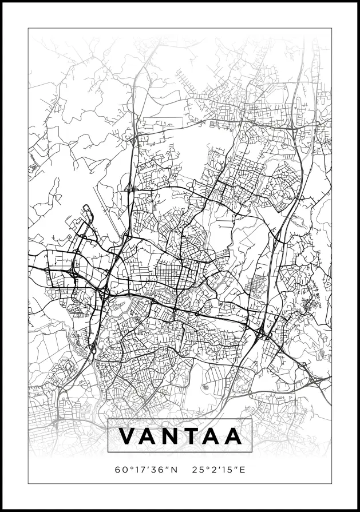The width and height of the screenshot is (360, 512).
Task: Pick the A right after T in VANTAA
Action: pyautogui.click(x=213, y=436)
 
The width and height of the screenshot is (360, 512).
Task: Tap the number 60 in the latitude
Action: pyautogui.click(x=120, y=470)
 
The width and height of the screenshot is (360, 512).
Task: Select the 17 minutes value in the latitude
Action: pyautogui.click(x=135, y=470)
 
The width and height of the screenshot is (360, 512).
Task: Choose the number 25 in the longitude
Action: pyautogui.click(x=198, y=470)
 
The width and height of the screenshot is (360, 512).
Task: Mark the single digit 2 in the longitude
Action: pyautogui.click(x=212, y=470)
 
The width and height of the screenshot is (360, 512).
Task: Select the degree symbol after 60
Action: pyautogui.click(x=127, y=468)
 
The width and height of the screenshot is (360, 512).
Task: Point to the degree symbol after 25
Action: pyautogui.click(x=205, y=468)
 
